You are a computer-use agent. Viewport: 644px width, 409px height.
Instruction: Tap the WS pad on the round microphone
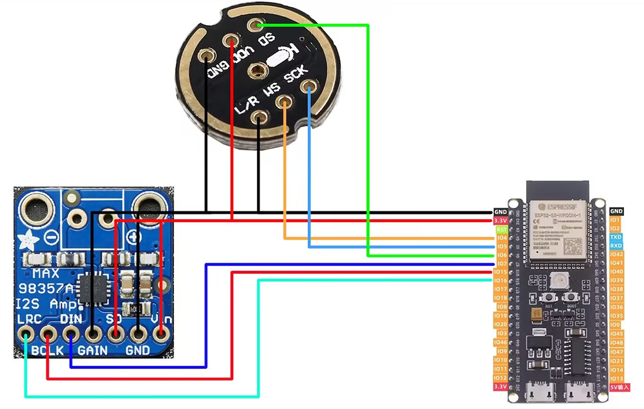(x=284, y=102)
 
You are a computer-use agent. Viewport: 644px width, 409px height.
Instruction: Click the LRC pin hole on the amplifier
(x=26, y=335)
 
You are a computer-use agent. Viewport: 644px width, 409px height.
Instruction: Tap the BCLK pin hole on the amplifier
(x=48, y=335)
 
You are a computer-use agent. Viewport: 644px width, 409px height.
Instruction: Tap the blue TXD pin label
(x=616, y=237)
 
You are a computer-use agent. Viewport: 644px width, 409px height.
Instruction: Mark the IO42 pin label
(x=616, y=254)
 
